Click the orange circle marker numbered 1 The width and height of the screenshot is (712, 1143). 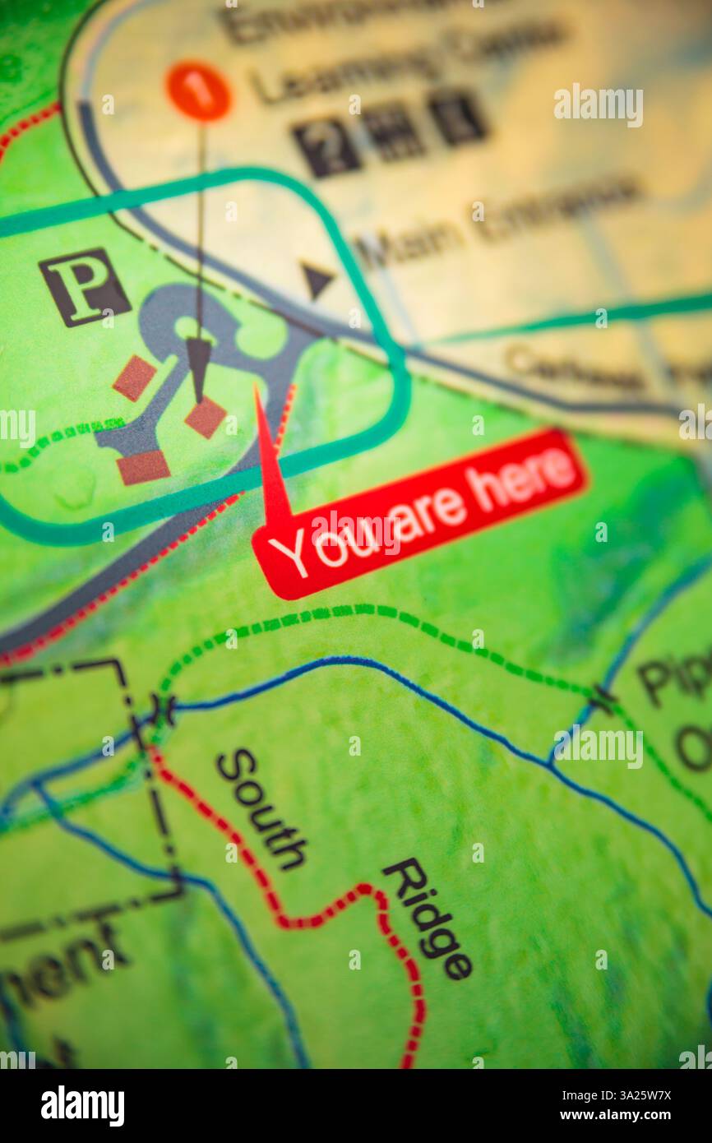click(198, 91)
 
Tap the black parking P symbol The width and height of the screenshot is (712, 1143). click(84, 287)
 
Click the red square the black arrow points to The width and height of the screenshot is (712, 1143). click(205, 417)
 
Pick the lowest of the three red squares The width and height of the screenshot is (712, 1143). click(143, 467)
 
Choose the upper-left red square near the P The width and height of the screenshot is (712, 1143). click(134, 377)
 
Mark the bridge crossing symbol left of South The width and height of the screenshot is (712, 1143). click(162, 709)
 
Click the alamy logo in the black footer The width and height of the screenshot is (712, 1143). click(83, 1106)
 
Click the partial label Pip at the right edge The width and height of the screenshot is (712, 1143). click(674, 679)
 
